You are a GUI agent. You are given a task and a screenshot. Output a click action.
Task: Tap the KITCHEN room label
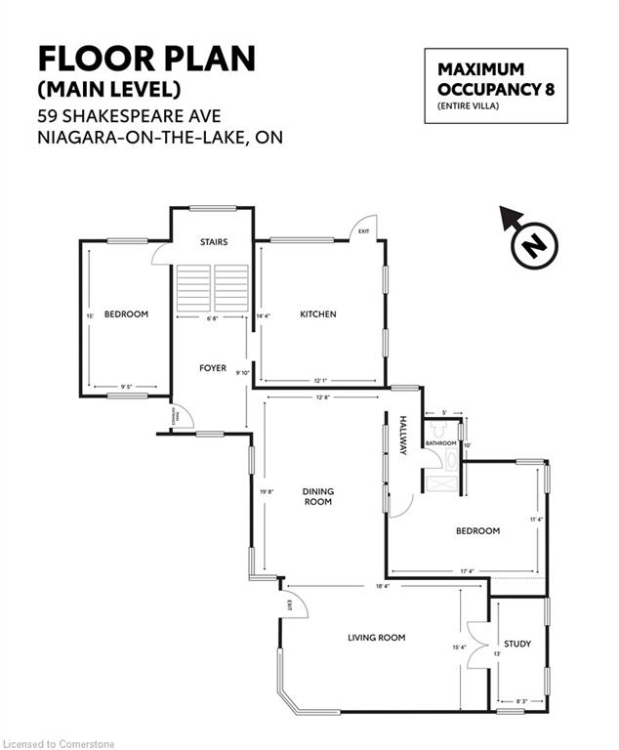tap(317, 314)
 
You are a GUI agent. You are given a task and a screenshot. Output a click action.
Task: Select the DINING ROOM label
tap(317, 496)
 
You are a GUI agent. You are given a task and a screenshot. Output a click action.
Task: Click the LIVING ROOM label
tap(376, 638)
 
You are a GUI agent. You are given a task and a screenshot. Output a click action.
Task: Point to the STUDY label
tap(517, 644)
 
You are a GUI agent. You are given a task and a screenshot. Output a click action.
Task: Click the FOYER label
tap(213, 368)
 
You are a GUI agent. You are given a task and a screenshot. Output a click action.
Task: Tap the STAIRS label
tap(213, 241)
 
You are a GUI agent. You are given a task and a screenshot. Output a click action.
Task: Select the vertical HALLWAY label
tap(402, 436)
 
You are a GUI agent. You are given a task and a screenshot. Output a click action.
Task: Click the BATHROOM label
tap(440, 444)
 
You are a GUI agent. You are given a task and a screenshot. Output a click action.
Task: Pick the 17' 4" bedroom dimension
tap(464, 571)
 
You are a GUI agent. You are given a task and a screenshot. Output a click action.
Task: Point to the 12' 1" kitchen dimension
tap(323, 380)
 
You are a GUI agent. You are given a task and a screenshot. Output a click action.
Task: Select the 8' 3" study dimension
tap(521, 701)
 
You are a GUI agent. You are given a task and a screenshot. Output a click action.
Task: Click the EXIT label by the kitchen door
tap(363, 231)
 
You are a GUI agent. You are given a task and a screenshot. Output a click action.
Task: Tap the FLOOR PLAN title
tap(146, 59)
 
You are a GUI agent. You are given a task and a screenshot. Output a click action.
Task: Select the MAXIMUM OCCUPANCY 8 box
tap(494, 86)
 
